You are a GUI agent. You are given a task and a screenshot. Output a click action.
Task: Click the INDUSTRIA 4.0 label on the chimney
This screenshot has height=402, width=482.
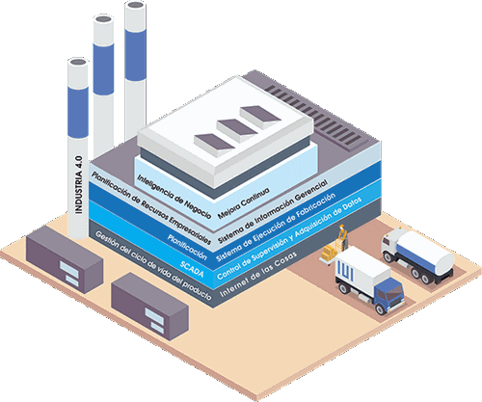(79, 185)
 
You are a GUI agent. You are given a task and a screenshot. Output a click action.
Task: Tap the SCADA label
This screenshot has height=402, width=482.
(192, 269)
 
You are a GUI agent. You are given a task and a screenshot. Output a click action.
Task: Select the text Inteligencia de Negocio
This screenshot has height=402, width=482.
(174, 197)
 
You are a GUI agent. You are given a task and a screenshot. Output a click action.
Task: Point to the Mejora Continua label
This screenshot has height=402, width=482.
(244, 203)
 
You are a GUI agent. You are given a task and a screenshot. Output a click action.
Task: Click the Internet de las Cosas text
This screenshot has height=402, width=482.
(258, 274)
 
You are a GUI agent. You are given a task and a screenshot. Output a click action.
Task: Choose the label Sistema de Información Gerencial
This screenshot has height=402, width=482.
(273, 211)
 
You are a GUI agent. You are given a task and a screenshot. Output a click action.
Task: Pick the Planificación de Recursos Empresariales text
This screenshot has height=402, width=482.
(151, 208)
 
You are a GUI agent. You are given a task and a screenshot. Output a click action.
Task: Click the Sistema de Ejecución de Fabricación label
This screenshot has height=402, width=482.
(276, 228)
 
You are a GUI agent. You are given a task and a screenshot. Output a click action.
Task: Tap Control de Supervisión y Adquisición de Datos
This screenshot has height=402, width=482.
(289, 238)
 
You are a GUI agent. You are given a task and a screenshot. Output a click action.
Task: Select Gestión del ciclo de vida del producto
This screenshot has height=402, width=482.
(153, 266)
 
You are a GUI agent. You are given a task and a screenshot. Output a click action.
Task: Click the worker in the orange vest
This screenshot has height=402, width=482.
(342, 237)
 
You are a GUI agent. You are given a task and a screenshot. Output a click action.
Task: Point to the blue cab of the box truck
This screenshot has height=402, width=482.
(389, 293)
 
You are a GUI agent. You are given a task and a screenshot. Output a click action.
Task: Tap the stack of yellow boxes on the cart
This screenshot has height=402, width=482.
(330, 253)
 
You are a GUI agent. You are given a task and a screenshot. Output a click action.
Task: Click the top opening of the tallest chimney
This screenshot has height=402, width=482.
(135, 5)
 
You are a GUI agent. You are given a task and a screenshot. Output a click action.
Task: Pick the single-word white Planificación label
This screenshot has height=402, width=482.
(187, 247)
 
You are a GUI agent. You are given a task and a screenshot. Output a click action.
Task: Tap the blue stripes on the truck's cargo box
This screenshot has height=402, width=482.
(345, 269)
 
